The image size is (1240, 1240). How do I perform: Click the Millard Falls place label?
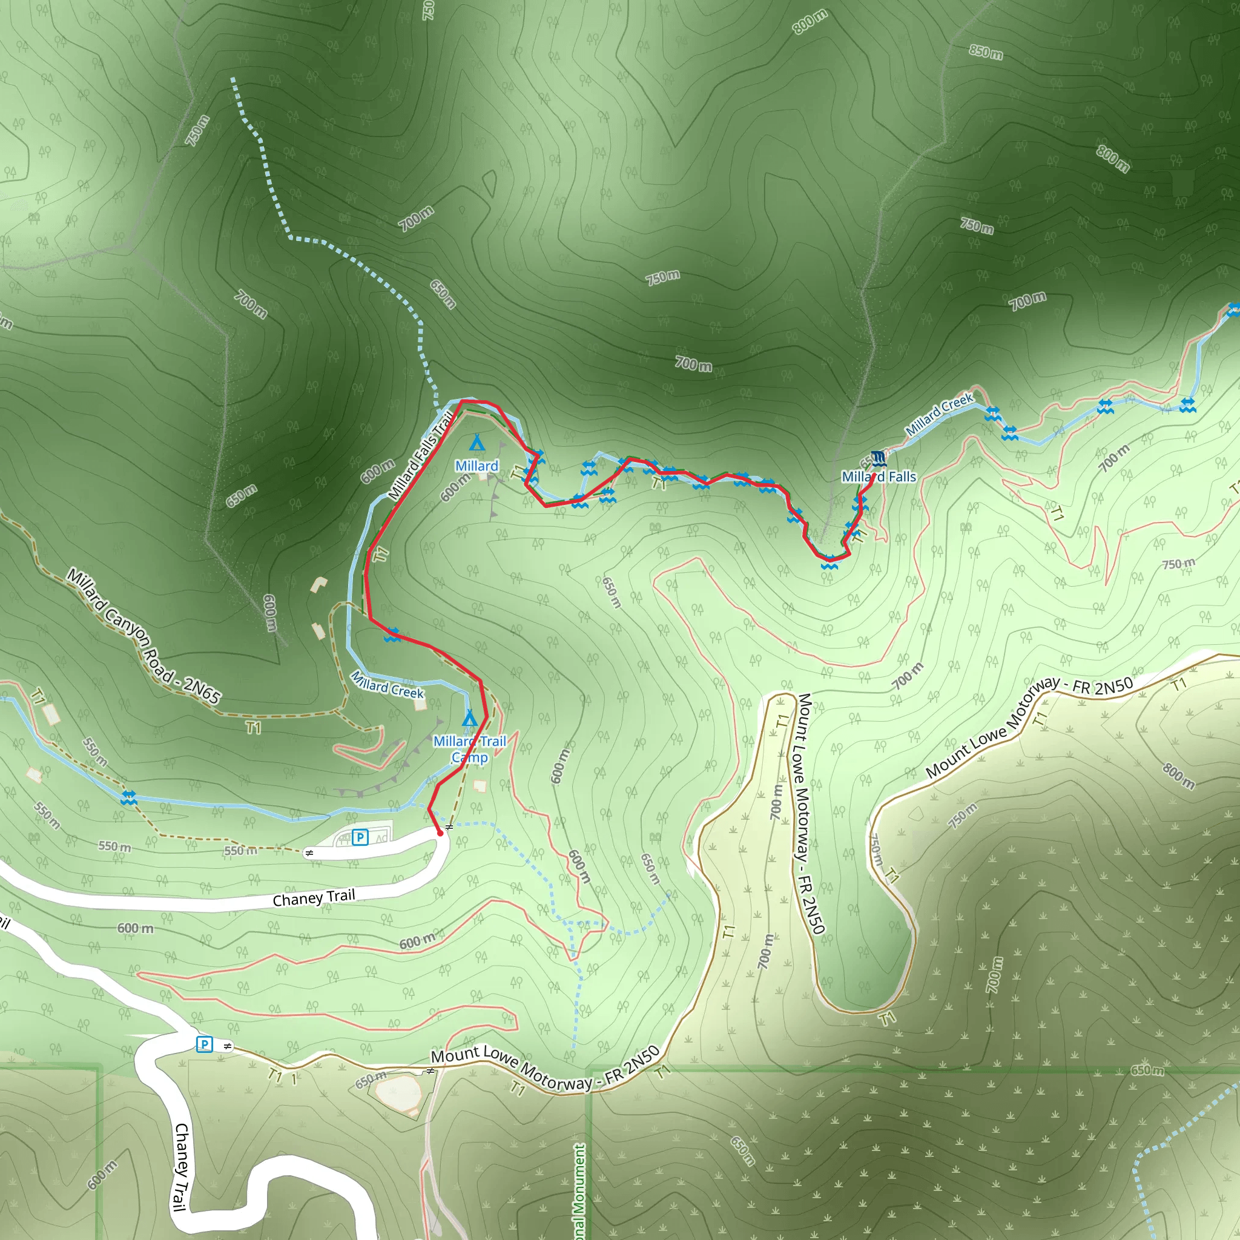(x=879, y=477)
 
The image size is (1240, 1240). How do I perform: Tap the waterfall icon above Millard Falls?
(x=879, y=458)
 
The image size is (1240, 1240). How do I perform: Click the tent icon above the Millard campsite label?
(x=477, y=443)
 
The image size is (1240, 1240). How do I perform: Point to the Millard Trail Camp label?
(x=470, y=749)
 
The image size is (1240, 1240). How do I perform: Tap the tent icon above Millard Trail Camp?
(x=470, y=717)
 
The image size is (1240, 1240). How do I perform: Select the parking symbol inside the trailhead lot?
(x=360, y=837)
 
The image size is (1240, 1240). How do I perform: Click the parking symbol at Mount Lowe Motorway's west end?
(x=204, y=1044)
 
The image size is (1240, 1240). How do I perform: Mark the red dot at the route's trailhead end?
(x=440, y=833)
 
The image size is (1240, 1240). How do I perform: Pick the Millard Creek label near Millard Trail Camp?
(x=387, y=685)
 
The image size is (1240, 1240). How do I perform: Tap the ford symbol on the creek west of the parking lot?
(x=129, y=799)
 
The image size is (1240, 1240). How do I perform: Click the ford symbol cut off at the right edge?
(x=1233, y=310)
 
